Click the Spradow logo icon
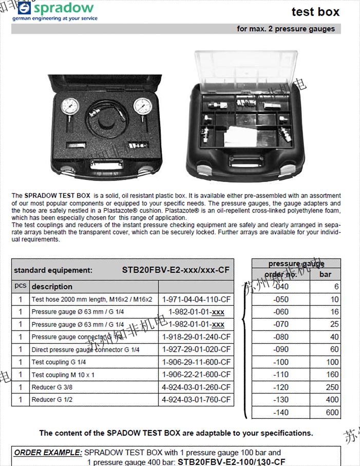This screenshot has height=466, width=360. coord(24,8)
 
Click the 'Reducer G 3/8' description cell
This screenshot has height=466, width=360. coord(50,387)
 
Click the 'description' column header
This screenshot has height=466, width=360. coord(52,286)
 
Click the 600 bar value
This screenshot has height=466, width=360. coord(332,412)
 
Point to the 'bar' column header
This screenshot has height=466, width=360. coord(326,274)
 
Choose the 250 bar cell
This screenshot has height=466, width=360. coord(332,387)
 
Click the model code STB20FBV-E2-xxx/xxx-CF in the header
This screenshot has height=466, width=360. coord(175,270)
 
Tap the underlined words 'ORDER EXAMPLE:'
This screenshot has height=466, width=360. coord(48,453)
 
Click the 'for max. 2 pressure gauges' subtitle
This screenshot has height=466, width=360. coord(286,29)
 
